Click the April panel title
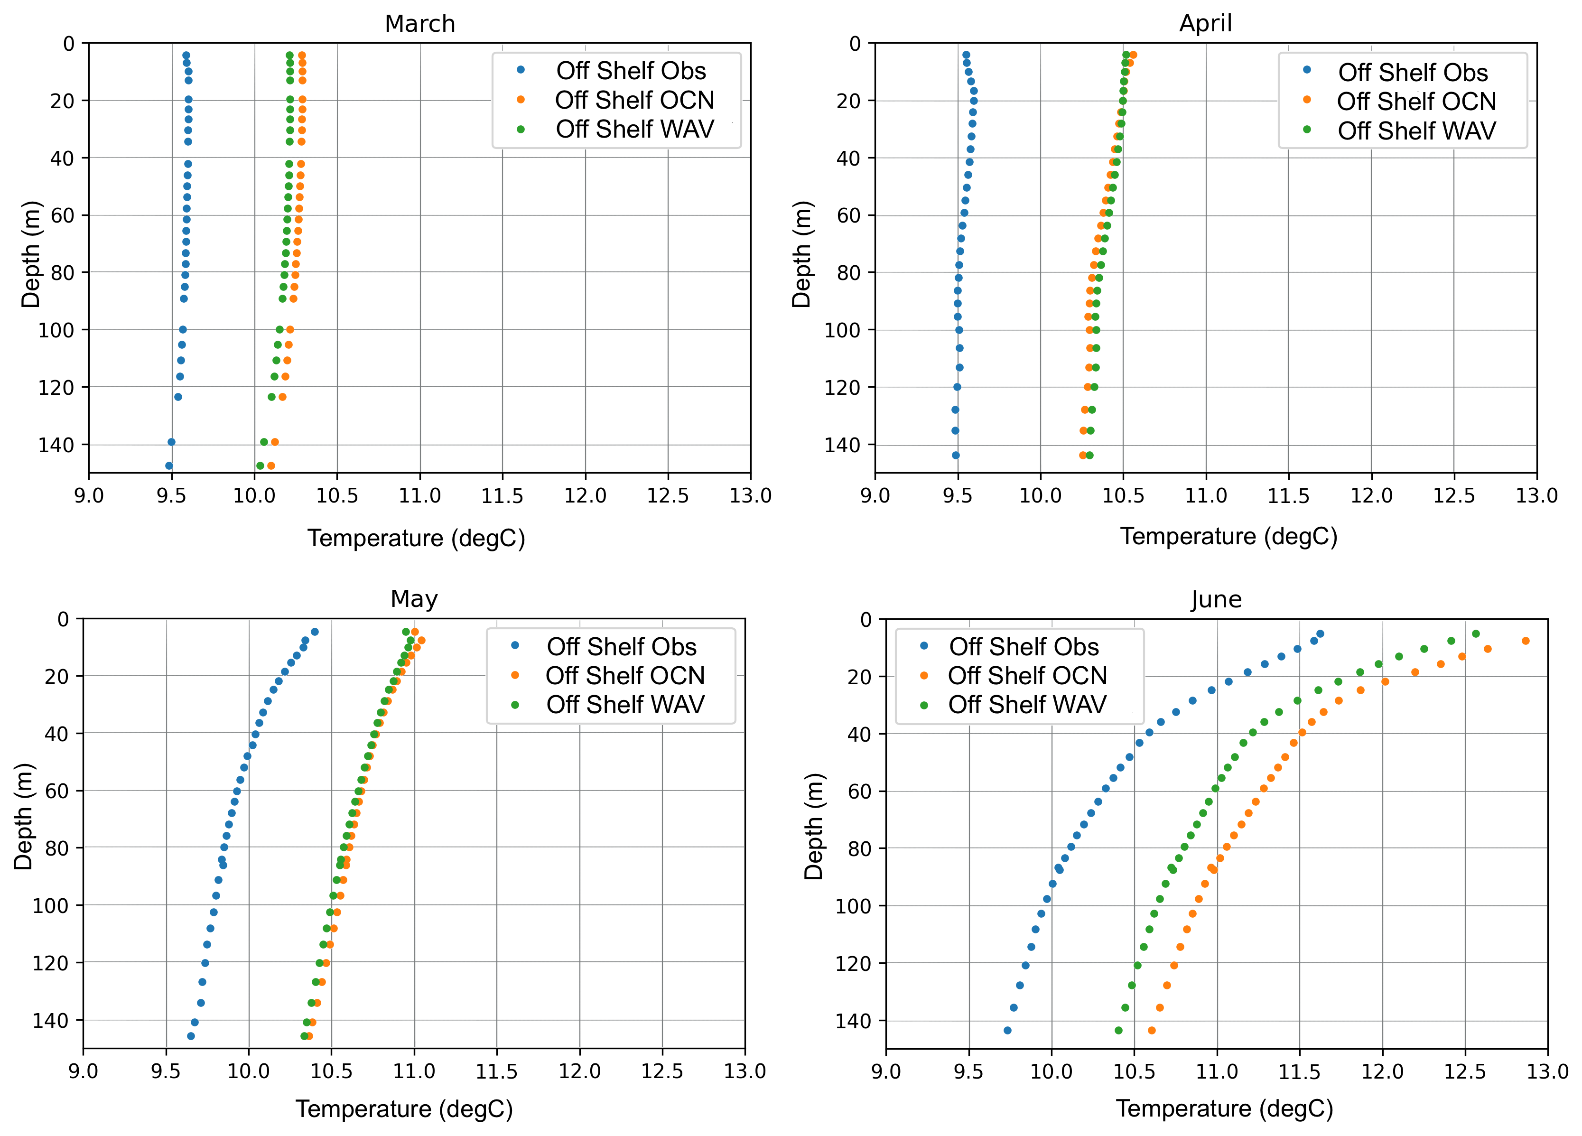coord(1205,24)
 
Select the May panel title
coord(414,599)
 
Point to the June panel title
coord(1216,600)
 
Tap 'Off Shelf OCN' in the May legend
coord(625,676)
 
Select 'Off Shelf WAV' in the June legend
coord(1027,705)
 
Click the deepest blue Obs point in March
coord(169,466)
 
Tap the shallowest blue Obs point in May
coord(315,632)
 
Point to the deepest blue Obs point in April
coord(956,456)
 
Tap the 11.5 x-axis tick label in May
coord(497,1071)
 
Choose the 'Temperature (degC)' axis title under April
coord(1228,536)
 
